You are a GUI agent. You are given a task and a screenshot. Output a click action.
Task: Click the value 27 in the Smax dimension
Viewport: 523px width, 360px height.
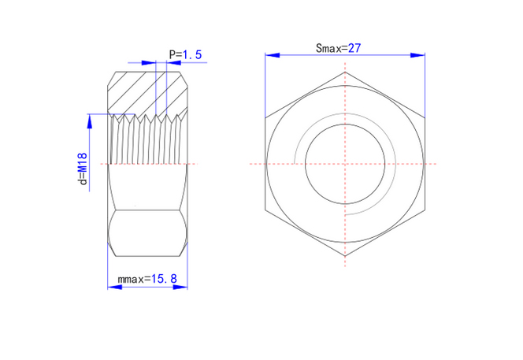(354, 48)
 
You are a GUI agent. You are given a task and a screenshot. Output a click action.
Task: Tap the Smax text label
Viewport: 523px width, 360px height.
(328, 48)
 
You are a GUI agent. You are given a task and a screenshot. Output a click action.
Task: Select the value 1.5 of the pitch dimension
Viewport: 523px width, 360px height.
(191, 54)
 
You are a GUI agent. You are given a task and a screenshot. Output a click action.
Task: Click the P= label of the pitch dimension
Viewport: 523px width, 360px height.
(175, 54)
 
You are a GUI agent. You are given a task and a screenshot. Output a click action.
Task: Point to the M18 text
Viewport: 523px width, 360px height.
(83, 163)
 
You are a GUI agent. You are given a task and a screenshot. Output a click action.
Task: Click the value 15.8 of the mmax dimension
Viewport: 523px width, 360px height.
(164, 279)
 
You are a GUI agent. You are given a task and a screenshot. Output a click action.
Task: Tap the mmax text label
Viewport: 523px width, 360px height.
(131, 279)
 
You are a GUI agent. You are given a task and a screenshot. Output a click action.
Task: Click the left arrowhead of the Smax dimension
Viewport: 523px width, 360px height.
(273, 55)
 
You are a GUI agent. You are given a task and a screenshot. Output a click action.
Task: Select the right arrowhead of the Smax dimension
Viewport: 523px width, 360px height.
(417, 55)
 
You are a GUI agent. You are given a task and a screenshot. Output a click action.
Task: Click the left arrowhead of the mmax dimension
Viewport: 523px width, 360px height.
(115, 287)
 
